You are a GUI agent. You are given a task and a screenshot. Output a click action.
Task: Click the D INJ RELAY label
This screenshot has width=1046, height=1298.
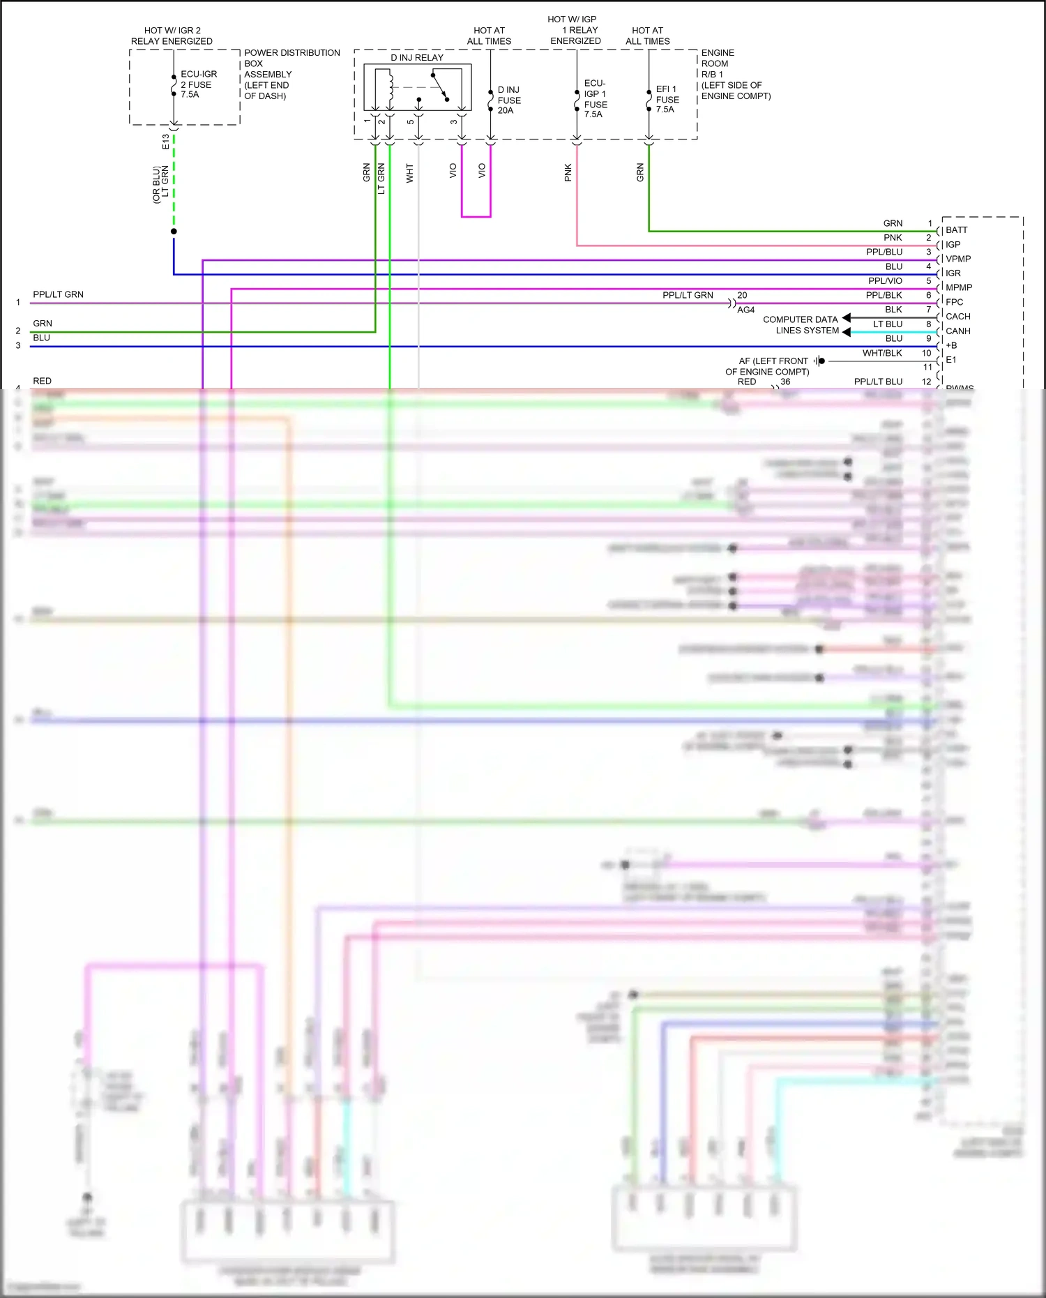tap(416, 58)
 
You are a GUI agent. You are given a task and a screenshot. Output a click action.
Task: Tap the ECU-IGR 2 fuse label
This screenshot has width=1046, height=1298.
tap(199, 84)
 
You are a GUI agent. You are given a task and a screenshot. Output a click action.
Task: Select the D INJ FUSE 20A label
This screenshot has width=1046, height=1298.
tap(509, 100)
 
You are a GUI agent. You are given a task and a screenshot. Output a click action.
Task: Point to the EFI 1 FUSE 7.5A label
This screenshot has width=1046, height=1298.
tap(667, 99)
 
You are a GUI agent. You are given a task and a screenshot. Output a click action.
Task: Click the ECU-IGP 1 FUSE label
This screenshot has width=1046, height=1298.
tap(595, 99)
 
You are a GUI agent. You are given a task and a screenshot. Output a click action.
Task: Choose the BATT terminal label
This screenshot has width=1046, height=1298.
tap(956, 230)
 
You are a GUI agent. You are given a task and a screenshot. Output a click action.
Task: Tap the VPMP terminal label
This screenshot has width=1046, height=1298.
tap(958, 259)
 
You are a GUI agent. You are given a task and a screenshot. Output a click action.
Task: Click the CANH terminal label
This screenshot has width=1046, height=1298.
tap(957, 331)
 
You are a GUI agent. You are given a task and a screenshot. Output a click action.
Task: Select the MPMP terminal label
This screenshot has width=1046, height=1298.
tap(959, 287)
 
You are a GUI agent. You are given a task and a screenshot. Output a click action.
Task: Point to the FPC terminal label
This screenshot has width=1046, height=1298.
tap(954, 302)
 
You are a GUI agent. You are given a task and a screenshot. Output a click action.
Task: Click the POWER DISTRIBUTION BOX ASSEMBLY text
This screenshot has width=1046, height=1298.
tap(291, 74)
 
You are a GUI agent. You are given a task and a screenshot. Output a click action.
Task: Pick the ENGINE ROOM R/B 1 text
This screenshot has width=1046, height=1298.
tap(735, 74)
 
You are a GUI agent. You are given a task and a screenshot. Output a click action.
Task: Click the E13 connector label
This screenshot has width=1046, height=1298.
tap(165, 142)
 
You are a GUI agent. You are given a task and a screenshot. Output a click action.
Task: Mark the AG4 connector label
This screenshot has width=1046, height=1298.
tap(745, 310)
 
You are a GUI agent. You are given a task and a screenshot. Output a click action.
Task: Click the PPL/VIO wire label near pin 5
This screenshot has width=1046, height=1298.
tap(885, 281)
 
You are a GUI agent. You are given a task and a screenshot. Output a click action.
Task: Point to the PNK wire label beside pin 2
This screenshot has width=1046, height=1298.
tap(893, 238)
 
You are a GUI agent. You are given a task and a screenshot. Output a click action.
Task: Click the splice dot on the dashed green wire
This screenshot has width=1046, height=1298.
tap(174, 232)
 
